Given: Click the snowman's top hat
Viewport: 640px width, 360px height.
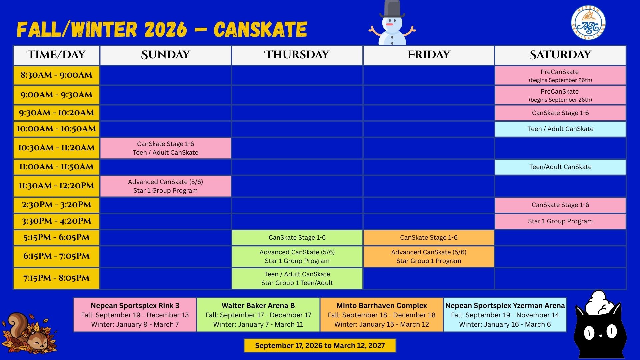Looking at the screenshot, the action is [x=392, y=9].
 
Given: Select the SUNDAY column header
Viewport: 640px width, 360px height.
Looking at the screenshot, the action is [x=165, y=55].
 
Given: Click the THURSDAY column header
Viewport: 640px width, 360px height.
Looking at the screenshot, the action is [x=297, y=55].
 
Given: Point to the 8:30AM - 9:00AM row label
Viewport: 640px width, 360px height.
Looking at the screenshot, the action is [x=56, y=75].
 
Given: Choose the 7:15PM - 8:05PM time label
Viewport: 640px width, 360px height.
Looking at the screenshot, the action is [x=56, y=278].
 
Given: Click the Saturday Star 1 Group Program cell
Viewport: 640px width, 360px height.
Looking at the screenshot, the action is [x=560, y=221].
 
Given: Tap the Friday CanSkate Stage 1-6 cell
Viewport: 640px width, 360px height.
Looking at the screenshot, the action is [x=429, y=238].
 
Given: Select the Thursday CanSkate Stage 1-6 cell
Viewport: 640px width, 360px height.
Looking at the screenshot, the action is [x=297, y=238].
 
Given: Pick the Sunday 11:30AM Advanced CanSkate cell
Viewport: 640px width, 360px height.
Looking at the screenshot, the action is [x=165, y=186].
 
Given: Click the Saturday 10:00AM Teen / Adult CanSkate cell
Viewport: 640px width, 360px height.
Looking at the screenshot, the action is [x=560, y=129].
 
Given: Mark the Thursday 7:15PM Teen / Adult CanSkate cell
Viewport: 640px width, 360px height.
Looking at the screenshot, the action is [x=297, y=278].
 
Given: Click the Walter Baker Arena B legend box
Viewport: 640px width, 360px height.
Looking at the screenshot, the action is [x=258, y=315].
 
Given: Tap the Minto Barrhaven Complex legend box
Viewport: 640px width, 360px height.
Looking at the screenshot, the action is [x=382, y=315].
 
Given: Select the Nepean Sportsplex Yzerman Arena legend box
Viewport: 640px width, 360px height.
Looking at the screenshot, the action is [x=505, y=315].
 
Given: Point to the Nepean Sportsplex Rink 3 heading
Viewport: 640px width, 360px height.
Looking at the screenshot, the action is [x=135, y=306].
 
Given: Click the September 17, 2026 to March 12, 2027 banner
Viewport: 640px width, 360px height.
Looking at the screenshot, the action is [x=320, y=346].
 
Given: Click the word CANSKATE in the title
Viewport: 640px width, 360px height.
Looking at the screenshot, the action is [x=260, y=29].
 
